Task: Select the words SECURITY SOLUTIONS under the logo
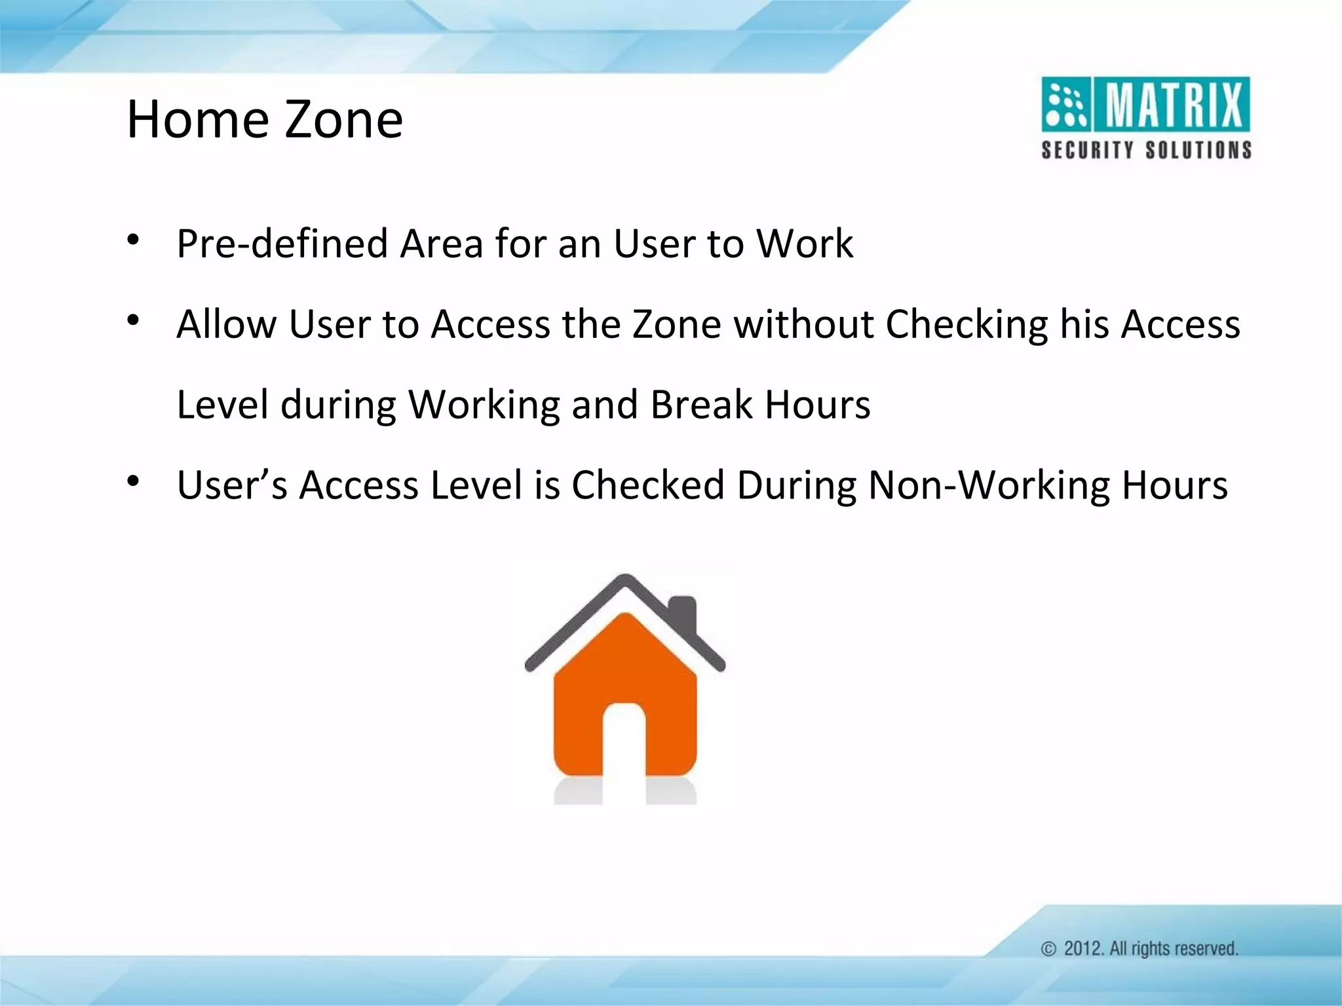(1146, 150)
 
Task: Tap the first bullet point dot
(134, 240)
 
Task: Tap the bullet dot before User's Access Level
(134, 482)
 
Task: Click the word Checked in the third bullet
(647, 485)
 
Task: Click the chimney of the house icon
(682, 616)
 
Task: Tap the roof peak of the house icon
(625, 580)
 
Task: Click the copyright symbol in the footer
(1049, 949)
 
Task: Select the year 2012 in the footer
(1083, 949)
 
